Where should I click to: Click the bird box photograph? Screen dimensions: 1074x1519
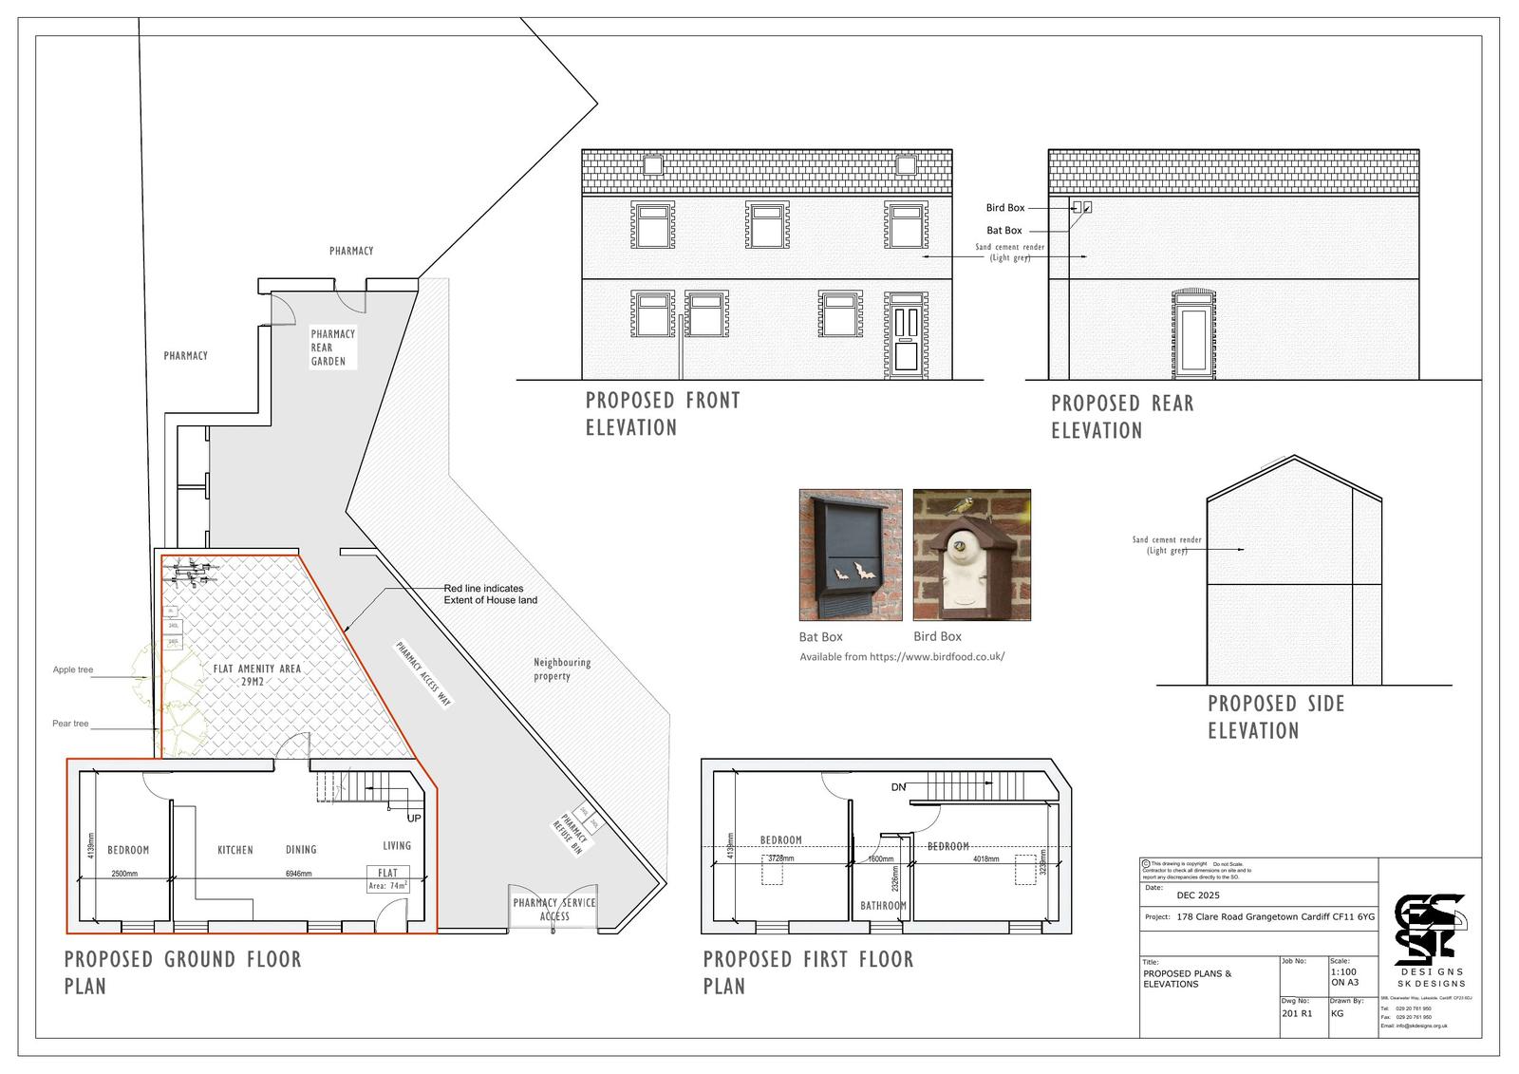click(x=971, y=555)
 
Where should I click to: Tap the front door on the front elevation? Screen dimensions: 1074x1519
click(x=907, y=338)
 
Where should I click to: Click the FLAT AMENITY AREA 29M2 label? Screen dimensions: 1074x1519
click(x=257, y=675)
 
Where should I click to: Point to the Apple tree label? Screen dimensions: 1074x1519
click(x=73, y=669)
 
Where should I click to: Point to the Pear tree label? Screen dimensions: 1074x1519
click(x=70, y=724)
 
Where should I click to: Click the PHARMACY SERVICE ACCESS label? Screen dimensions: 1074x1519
click(x=554, y=909)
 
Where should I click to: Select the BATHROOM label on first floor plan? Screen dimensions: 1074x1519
click(x=883, y=906)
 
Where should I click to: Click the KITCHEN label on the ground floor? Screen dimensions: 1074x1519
click(x=235, y=850)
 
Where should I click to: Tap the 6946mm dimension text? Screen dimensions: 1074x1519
click(x=299, y=874)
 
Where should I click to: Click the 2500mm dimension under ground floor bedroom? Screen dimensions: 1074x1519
click(x=124, y=874)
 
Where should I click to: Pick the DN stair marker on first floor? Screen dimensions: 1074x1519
click(x=898, y=787)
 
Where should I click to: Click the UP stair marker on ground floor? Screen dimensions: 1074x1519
click(x=414, y=818)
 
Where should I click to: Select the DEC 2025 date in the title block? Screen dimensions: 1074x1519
click(x=1198, y=895)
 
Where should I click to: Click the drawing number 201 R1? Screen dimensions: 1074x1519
click(x=1296, y=1013)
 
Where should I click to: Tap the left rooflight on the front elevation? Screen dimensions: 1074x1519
click(x=652, y=165)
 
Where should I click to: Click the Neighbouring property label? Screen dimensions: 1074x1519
click(x=562, y=669)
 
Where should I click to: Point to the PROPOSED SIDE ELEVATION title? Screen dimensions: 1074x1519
click(x=1275, y=717)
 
